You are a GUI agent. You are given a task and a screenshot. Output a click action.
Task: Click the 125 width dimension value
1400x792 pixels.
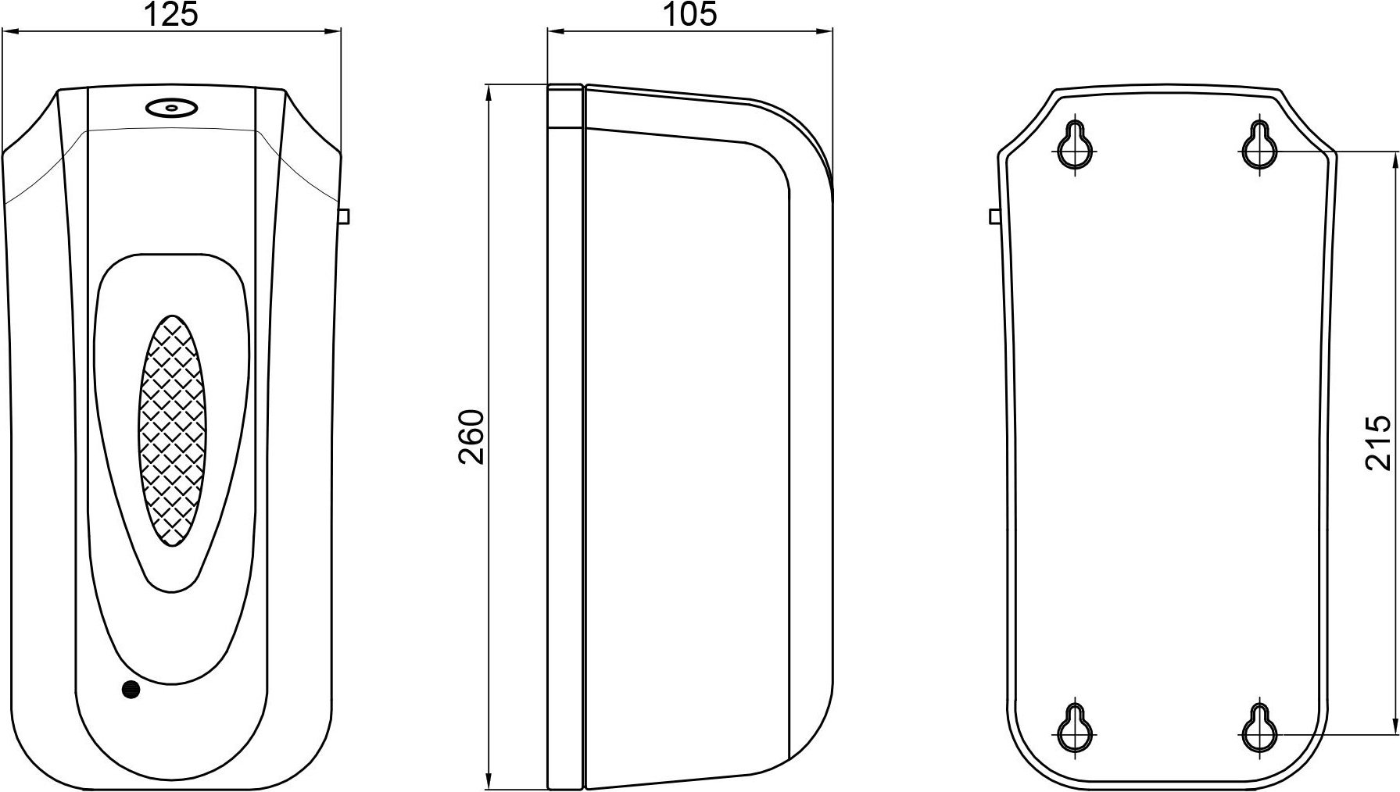coord(172,14)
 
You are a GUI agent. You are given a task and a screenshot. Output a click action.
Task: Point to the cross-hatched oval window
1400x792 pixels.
coord(171,430)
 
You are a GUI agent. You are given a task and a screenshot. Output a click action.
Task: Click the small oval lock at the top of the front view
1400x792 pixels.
coord(171,108)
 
